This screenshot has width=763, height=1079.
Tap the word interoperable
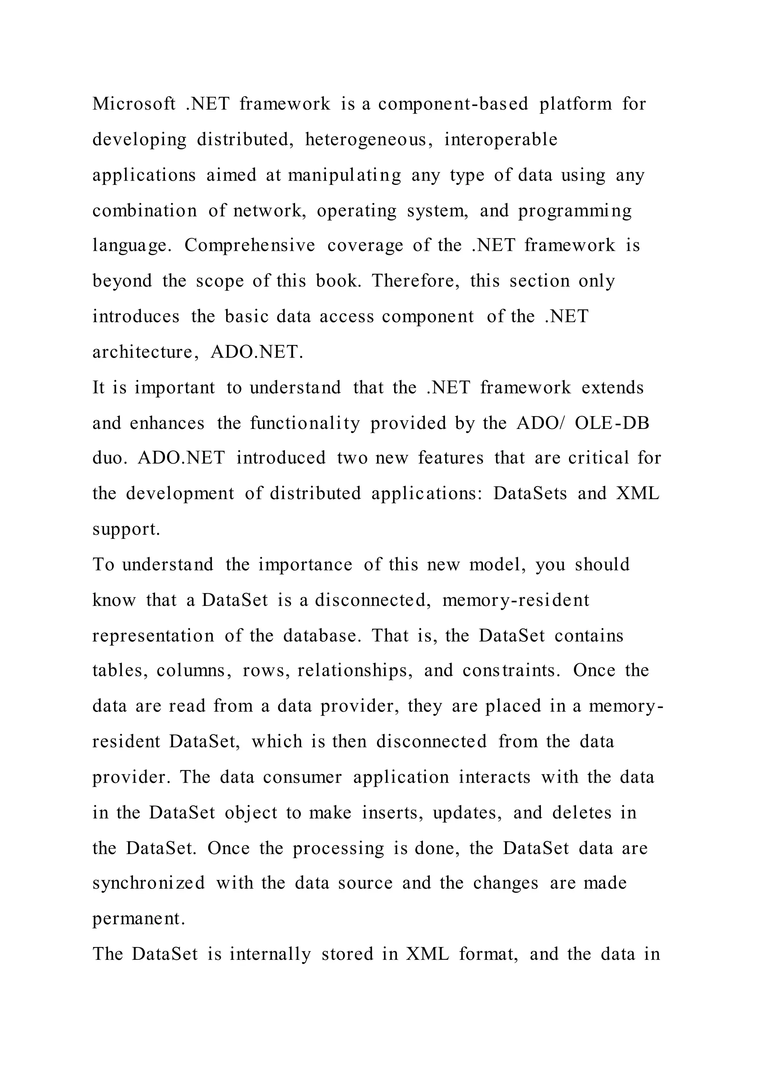[x=501, y=140]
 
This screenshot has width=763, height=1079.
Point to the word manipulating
[x=344, y=175]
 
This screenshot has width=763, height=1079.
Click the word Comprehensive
[x=250, y=245]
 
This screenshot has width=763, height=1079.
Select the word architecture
[x=145, y=352]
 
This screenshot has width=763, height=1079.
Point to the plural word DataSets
[x=530, y=493]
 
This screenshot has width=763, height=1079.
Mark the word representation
[x=153, y=635]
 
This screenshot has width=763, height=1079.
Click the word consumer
[x=302, y=777]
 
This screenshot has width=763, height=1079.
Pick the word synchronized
[x=149, y=883]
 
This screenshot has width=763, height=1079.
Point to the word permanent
[x=139, y=919]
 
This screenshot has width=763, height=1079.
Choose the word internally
[x=270, y=954]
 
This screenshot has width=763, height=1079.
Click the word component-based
[x=453, y=104]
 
